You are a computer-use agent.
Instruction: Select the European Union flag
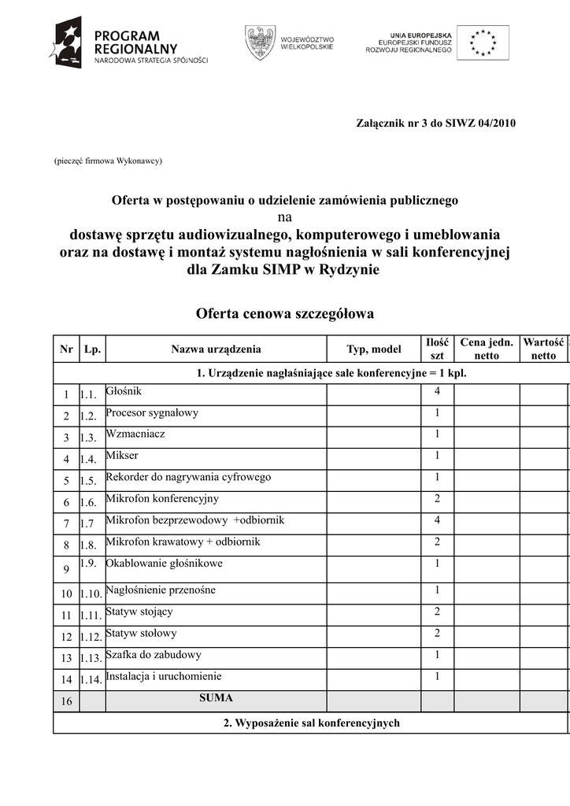click(x=483, y=42)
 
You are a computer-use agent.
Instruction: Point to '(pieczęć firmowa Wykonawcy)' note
click(x=108, y=161)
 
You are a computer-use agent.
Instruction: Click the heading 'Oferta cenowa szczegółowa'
click(x=284, y=314)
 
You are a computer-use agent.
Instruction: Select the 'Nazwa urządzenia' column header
click(x=216, y=349)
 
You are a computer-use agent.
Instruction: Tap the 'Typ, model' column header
click(x=374, y=349)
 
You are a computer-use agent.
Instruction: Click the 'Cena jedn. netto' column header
click(x=487, y=349)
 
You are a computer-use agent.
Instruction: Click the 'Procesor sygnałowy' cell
click(x=152, y=412)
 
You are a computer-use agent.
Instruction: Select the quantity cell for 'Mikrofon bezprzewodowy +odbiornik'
click(x=437, y=520)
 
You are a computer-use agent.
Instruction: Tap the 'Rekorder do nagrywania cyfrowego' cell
click(x=188, y=477)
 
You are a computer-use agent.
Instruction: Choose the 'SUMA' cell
click(x=216, y=698)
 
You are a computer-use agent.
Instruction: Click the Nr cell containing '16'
click(x=67, y=701)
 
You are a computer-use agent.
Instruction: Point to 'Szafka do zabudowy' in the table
click(x=154, y=655)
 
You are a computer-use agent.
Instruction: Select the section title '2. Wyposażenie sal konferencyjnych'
click(x=311, y=723)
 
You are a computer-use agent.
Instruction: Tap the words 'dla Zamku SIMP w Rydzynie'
click(x=284, y=269)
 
